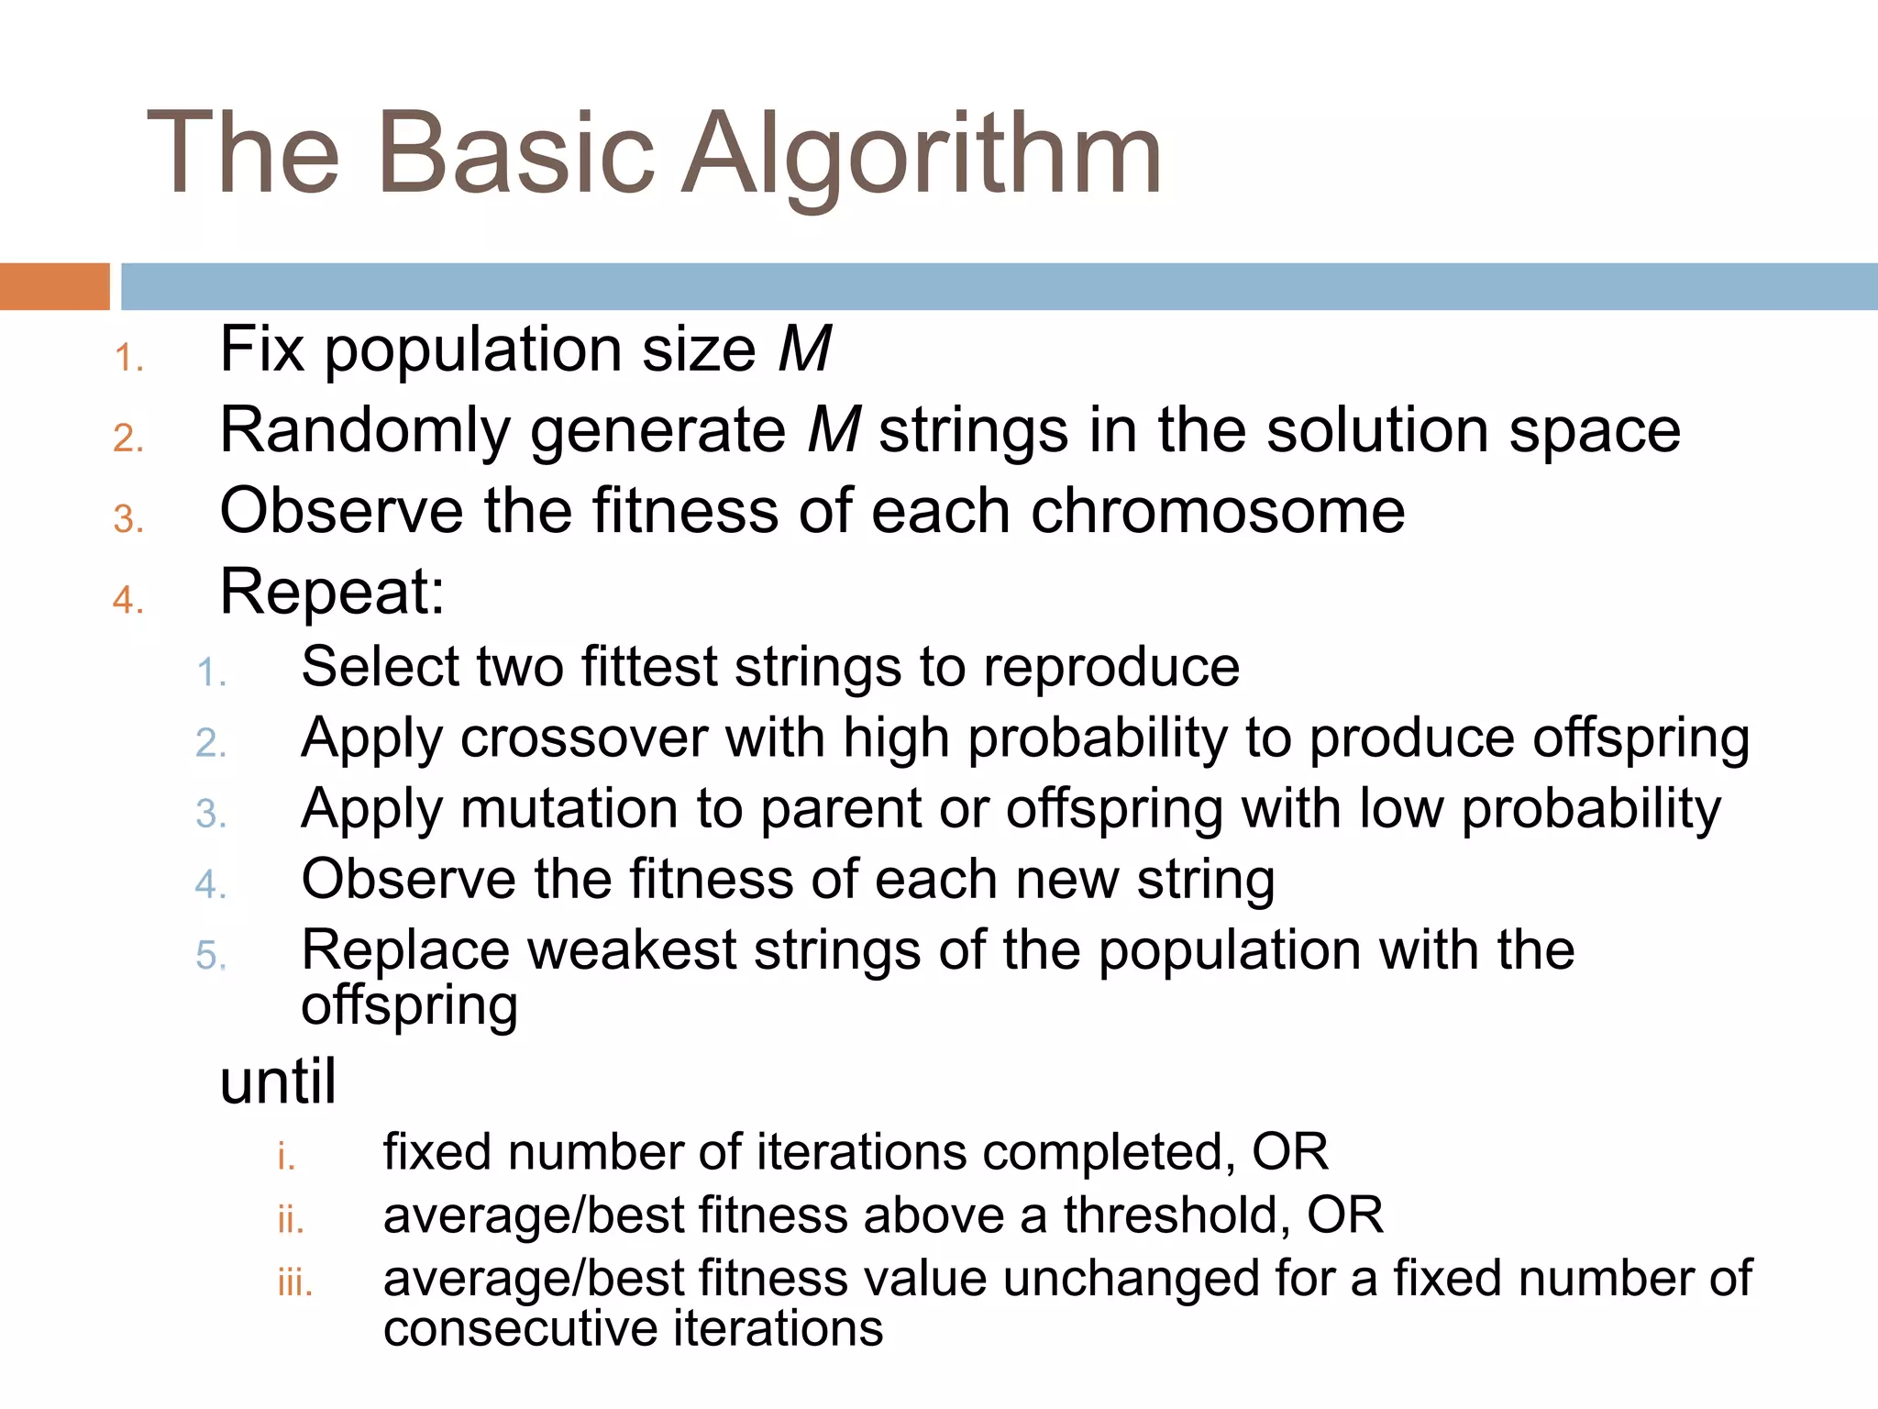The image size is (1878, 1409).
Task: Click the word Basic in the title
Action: tap(515, 154)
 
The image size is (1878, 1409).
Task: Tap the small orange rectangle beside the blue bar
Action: tap(54, 286)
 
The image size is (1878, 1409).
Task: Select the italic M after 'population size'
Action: tap(804, 349)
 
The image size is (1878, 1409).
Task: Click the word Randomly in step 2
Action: tap(365, 431)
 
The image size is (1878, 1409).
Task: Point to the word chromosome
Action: tap(1218, 511)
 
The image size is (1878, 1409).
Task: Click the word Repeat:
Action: tap(332, 592)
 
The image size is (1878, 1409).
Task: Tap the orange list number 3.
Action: tap(127, 520)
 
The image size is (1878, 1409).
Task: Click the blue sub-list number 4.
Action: tap(210, 885)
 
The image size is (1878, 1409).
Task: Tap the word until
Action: tap(278, 1082)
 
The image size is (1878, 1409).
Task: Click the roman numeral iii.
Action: tap(294, 1282)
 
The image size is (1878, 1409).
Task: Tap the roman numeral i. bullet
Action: tap(286, 1156)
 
